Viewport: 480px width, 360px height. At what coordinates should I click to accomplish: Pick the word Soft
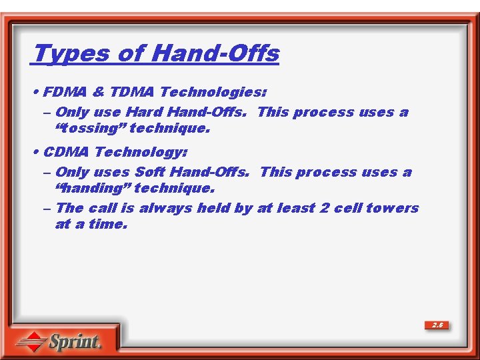point(150,172)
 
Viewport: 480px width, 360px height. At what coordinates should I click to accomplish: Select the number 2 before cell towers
point(324,208)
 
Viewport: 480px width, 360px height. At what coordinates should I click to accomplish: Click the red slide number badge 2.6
point(437,325)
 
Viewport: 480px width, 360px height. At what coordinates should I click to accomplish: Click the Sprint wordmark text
point(75,343)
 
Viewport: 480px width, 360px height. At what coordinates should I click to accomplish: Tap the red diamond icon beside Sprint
point(31,342)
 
